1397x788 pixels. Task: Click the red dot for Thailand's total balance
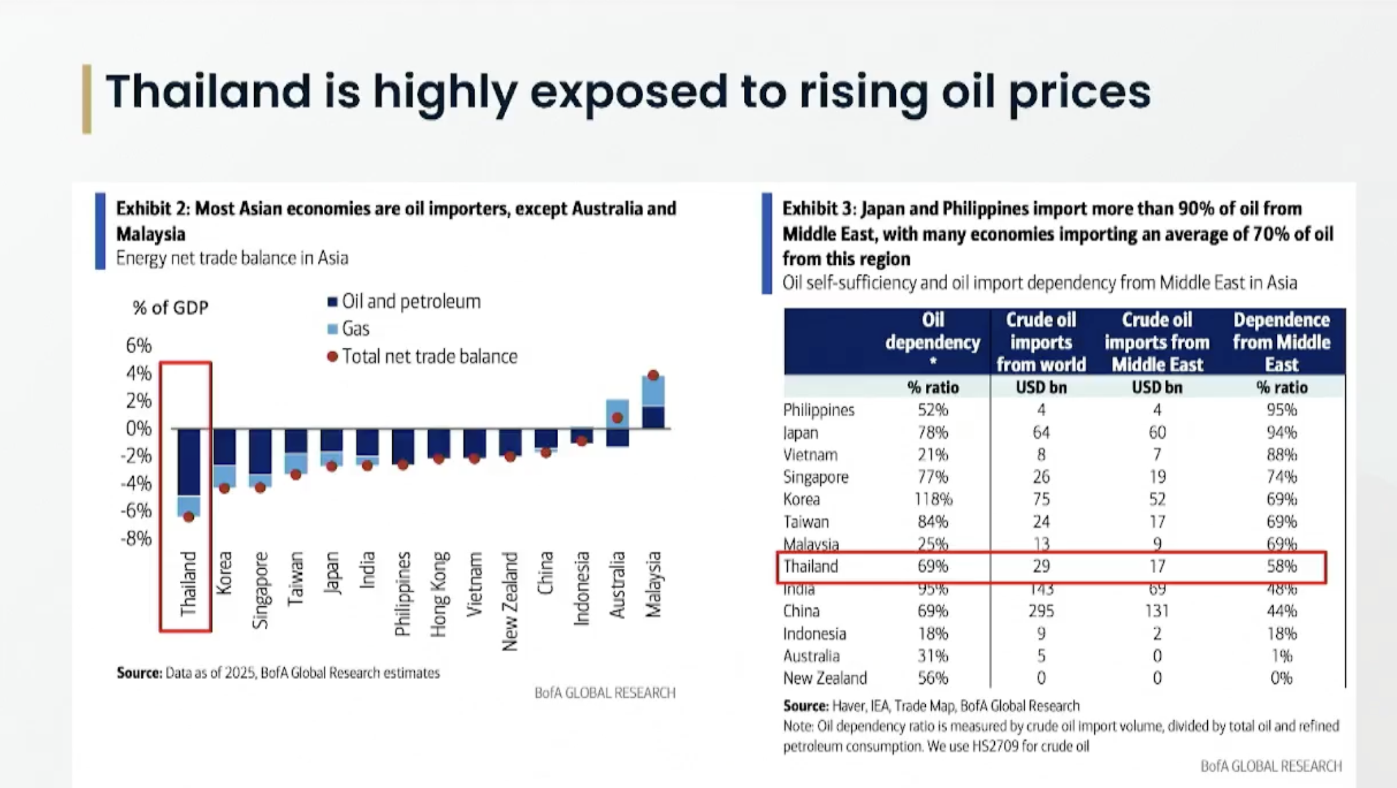pos(188,516)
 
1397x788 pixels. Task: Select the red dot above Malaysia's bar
pos(653,375)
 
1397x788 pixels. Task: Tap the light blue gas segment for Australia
pos(617,408)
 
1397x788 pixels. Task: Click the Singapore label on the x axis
pos(260,590)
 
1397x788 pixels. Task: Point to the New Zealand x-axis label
pos(509,601)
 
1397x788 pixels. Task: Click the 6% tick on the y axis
pos(139,345)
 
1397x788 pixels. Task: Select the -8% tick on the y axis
pos(136,538)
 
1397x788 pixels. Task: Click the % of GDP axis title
pos(171,307)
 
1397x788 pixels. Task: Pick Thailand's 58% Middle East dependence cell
pos(1281,566)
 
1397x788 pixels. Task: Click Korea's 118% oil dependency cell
pos(932,499)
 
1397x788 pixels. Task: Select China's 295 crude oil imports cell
pos(1041,611)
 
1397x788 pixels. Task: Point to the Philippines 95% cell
pos(1281,410)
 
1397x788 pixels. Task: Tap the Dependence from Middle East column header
pos(1281,341)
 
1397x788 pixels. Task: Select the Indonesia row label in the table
pos(814,633)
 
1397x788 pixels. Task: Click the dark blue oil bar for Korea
pos(224,446)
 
